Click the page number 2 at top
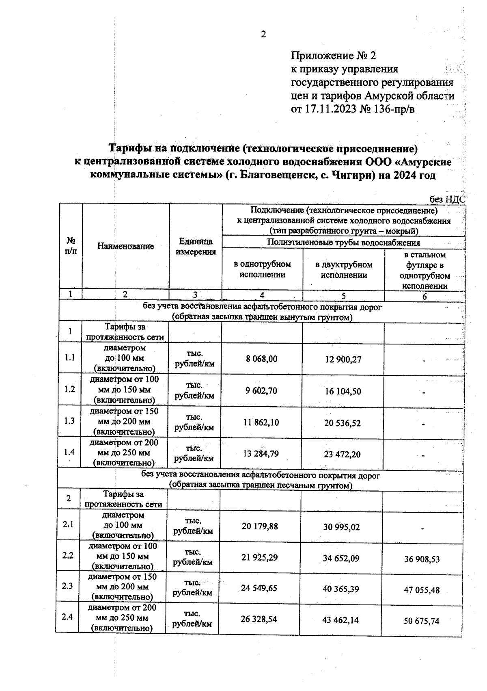pyautogui.click(x=263, y=35)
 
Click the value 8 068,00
pyautogui.click(x=262, y=359)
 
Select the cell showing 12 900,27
pyautogui.click(x=343, y=360)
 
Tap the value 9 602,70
pyautogui.click(x=261, y=391)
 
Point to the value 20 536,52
pyautogui.click(x=342, y=423)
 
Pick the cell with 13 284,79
pyautogui.click(x=261, y=454)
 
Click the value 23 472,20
pyautogui.click(x=342, y=455)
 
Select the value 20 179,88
pyautogui.click(x=260, y=526)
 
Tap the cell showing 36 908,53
pyautogui.click(x=422, y=559)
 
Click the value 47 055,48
pyautogui.click(x=422, y=590)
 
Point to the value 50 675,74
pyautogui.click(x=421, y=621)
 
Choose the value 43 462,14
pyautogui.click(x=341, y=620)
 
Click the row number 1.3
pyautogui.click(x=70, y=421)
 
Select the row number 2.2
pyautogui.click(x=68, y=555)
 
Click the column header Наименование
pyautogui.click(x=125, y=246)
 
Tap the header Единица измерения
pyautogui.click(x=196, y=247)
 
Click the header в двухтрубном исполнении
pyautogui.click(x=344, y=270)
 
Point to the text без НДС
pyautogui.click(x=447, y=199)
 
